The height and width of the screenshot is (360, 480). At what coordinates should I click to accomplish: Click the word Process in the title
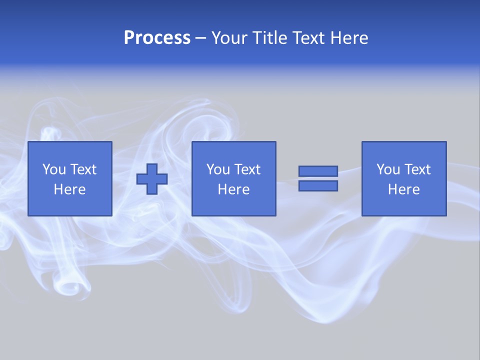point(157,38)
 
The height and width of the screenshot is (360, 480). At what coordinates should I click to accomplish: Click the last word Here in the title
point(349,38)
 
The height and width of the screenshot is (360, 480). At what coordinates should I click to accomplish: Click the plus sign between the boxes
point(152,179)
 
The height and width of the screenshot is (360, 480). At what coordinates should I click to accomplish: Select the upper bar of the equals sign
point(318,171)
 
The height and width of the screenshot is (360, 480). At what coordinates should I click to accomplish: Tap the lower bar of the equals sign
point(318,186)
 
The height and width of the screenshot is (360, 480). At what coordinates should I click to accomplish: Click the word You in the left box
point(54,169)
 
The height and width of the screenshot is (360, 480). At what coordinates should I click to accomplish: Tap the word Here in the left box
point(70,189)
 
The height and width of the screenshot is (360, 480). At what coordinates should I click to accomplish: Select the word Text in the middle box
point(247,169)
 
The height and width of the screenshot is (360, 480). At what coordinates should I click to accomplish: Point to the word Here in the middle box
point(234,189)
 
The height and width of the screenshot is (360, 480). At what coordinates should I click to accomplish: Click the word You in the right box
point(388,169)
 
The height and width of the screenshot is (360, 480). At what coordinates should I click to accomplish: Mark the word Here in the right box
point(404,189)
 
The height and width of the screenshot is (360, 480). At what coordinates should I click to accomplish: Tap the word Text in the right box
point(417,169)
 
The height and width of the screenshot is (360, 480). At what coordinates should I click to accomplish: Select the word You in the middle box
point(218,169)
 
